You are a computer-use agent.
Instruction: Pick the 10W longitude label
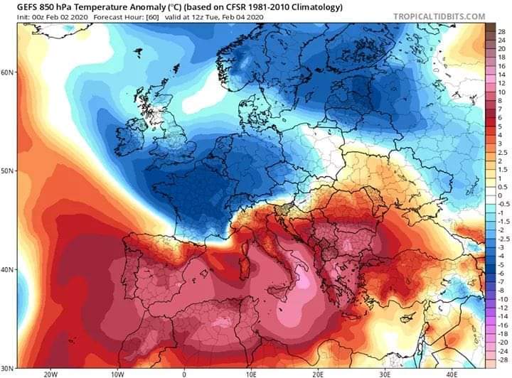(x=117, y=372)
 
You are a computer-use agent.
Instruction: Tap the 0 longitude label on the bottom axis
(x=184, y=372)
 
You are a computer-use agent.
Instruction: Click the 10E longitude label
(x=251, y=372)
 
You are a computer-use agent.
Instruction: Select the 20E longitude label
(x=318, y=372)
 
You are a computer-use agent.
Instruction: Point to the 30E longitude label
(x=385, y=372)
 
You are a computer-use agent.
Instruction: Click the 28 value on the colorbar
(x=500, y=32)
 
